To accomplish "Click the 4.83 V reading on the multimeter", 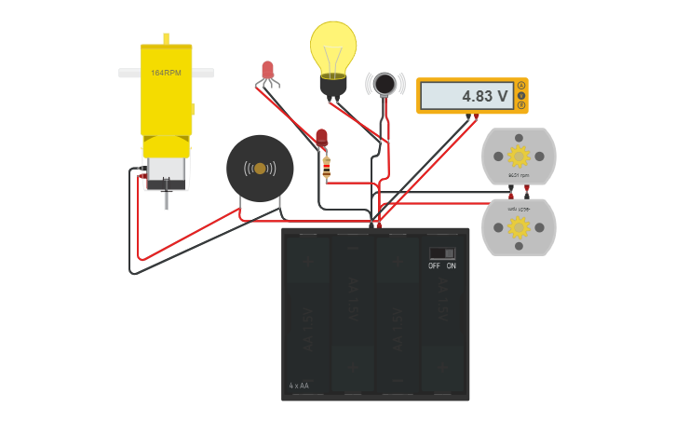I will click(x=484, y=96).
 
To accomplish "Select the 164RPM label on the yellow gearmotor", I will click(x=166, y=73).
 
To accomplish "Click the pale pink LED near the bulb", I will click(x=268, y=70).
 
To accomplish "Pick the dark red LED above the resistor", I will click(x=322, y=138).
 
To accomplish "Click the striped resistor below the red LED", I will click(x=325, y=167).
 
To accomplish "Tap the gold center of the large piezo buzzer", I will click(x=260, y=168).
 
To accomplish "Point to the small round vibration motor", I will click(x=384, y=84).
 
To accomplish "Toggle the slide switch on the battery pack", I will click(x=442, y=252).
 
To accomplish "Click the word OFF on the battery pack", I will click(x=434, y=265).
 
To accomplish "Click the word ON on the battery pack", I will click(x=452, y=265).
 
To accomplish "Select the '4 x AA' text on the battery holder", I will click(x=299, y=385).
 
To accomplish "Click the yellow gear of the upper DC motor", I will click(x=519, y=154).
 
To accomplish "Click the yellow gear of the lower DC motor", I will click(x=519, y=227).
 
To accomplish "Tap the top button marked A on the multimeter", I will click(x=520, y=87).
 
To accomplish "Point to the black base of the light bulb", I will click(x=333, y=87).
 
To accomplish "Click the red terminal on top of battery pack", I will click(x=379, y=225).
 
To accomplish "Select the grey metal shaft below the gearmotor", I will click(x=165, y=198).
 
